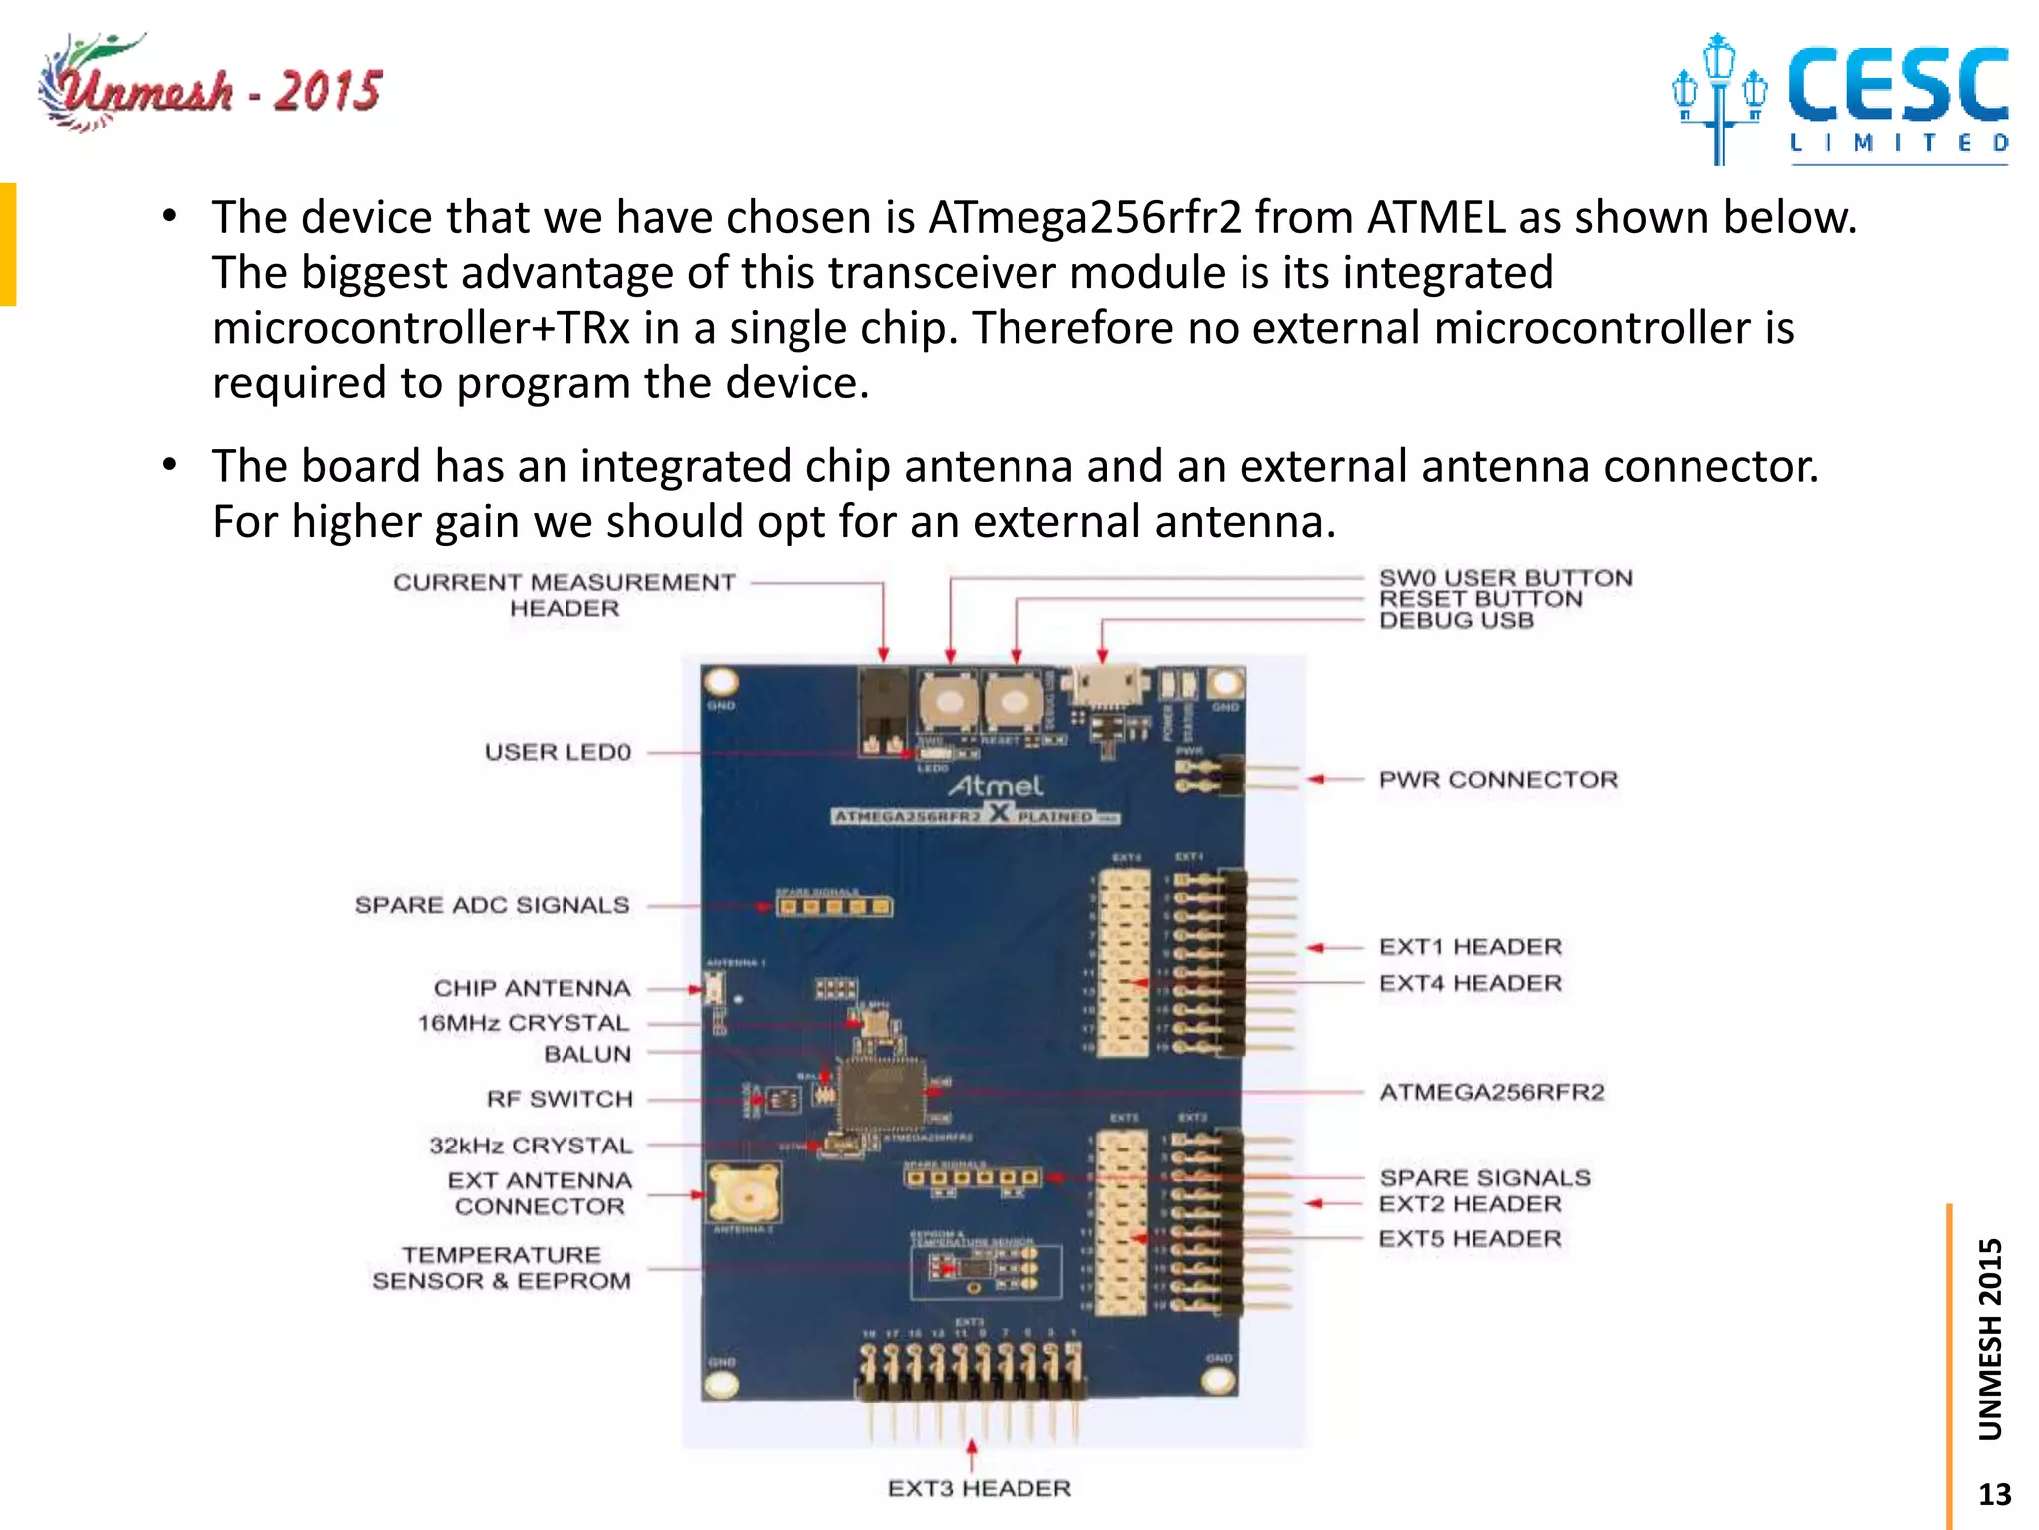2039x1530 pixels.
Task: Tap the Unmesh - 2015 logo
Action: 211,88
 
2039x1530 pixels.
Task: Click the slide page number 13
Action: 1994,1494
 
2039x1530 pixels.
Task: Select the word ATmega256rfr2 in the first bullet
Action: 1084,217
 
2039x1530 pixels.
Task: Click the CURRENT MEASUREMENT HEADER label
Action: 564,595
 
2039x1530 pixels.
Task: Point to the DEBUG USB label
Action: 1456,621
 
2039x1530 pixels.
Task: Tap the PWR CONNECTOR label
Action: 1497,780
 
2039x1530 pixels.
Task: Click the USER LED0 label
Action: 558,752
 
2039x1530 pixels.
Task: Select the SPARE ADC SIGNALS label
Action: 492,905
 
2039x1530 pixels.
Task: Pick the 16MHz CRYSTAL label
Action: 524,1023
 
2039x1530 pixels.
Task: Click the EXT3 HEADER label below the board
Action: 980,1488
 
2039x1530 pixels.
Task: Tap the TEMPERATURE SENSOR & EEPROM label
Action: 502,1268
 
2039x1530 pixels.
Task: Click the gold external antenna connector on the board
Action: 742,1192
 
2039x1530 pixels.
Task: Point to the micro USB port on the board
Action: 1101,688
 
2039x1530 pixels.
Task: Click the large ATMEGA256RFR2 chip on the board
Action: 880,1093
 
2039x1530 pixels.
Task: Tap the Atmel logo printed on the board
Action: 996,786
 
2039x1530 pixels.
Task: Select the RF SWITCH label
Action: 560,1099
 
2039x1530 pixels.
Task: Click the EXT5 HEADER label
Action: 1470,1239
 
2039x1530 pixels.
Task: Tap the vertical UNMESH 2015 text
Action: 1990,1339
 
